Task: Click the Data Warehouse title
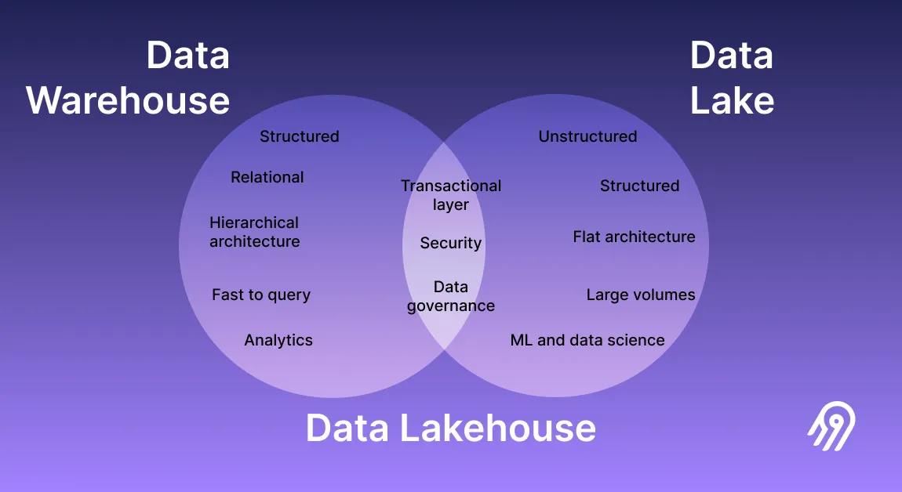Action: (129, 78)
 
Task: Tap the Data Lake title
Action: (732, 78)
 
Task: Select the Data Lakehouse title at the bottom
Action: (450, 428)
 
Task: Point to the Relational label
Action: (267, 177)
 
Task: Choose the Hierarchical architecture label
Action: (255, 232)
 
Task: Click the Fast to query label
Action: (261, 295)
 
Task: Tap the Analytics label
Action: (278, 340)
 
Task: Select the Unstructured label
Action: (587, 136)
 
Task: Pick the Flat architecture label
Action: (634, 237)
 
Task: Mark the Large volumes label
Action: (641, 295)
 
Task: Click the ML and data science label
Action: (587, 340)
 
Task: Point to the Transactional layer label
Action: (451, 195)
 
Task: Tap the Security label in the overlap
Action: (451, 243)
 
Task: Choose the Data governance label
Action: (451, 296)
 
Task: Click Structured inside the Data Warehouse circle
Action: (300, 136)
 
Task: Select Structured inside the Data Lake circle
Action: (639, 186)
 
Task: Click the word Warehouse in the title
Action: (129, 101)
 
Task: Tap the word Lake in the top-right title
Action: (732, 101)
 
